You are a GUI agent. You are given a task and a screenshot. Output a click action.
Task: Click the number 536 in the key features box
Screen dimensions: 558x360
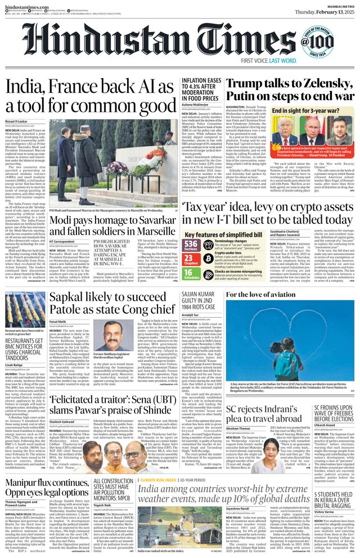pos(191,243)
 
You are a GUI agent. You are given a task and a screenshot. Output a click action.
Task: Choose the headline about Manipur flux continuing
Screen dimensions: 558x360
pos(67,487)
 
